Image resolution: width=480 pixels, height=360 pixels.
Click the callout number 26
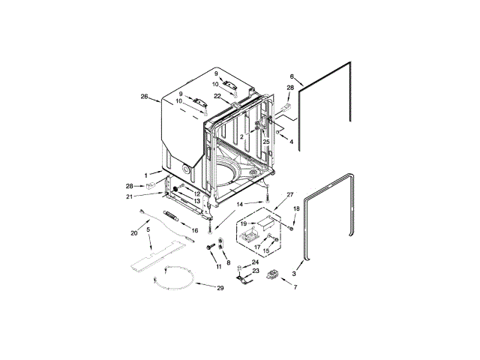click(x=144, y=97)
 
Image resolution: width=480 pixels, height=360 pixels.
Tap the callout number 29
click(x=220, y=288)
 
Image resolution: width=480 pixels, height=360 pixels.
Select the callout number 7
click(x=295, y=287)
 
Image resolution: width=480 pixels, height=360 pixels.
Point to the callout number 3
click(x=294, y=274)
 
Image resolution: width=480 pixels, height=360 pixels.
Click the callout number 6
click(x=292, y=76)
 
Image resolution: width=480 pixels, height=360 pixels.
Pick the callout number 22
click(x=217, y=96)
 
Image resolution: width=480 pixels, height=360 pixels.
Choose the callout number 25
click(x=266, y=142)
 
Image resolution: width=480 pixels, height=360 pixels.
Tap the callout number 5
click(x=148, y=229)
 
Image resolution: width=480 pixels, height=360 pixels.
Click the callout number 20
click(x=134, y=233)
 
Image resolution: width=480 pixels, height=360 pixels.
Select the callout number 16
click(x=195, y=230)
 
